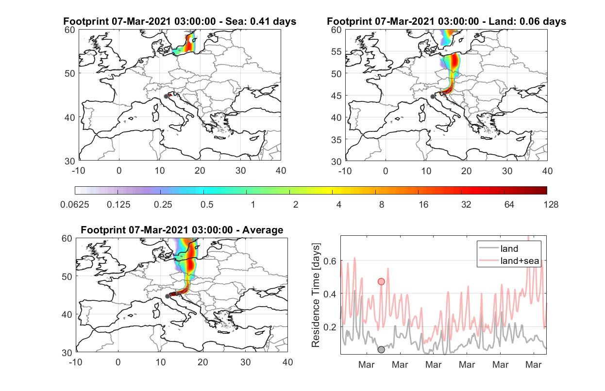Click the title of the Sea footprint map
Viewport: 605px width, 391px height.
click(180, 21)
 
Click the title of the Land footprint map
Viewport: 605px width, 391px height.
click(446, 21)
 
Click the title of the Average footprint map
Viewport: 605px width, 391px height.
click(182, 230)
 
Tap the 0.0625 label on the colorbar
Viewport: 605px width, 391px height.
click(75, 205)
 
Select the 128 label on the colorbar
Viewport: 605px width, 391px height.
click(551, 205)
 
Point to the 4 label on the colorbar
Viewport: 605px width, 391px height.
click(339, 205)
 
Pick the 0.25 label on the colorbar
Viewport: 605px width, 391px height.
click(163, 205)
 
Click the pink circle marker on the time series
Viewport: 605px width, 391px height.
click(381, 282)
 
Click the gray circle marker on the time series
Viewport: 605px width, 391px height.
click(381, 350)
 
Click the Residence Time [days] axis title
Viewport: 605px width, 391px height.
click(316, 295)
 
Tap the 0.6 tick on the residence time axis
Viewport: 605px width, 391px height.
click(330, 261)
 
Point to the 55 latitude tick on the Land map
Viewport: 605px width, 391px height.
click(336, 51)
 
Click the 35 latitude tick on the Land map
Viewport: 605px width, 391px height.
click(336, 140)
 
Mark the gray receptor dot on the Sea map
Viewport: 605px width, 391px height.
click(166, 97)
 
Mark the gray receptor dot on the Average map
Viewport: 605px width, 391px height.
click(168, 296)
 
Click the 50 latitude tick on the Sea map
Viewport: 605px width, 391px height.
click(70, 73)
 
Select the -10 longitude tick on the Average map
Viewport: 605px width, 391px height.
click(75, 362)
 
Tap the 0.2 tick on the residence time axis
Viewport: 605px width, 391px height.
click(330, 327)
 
